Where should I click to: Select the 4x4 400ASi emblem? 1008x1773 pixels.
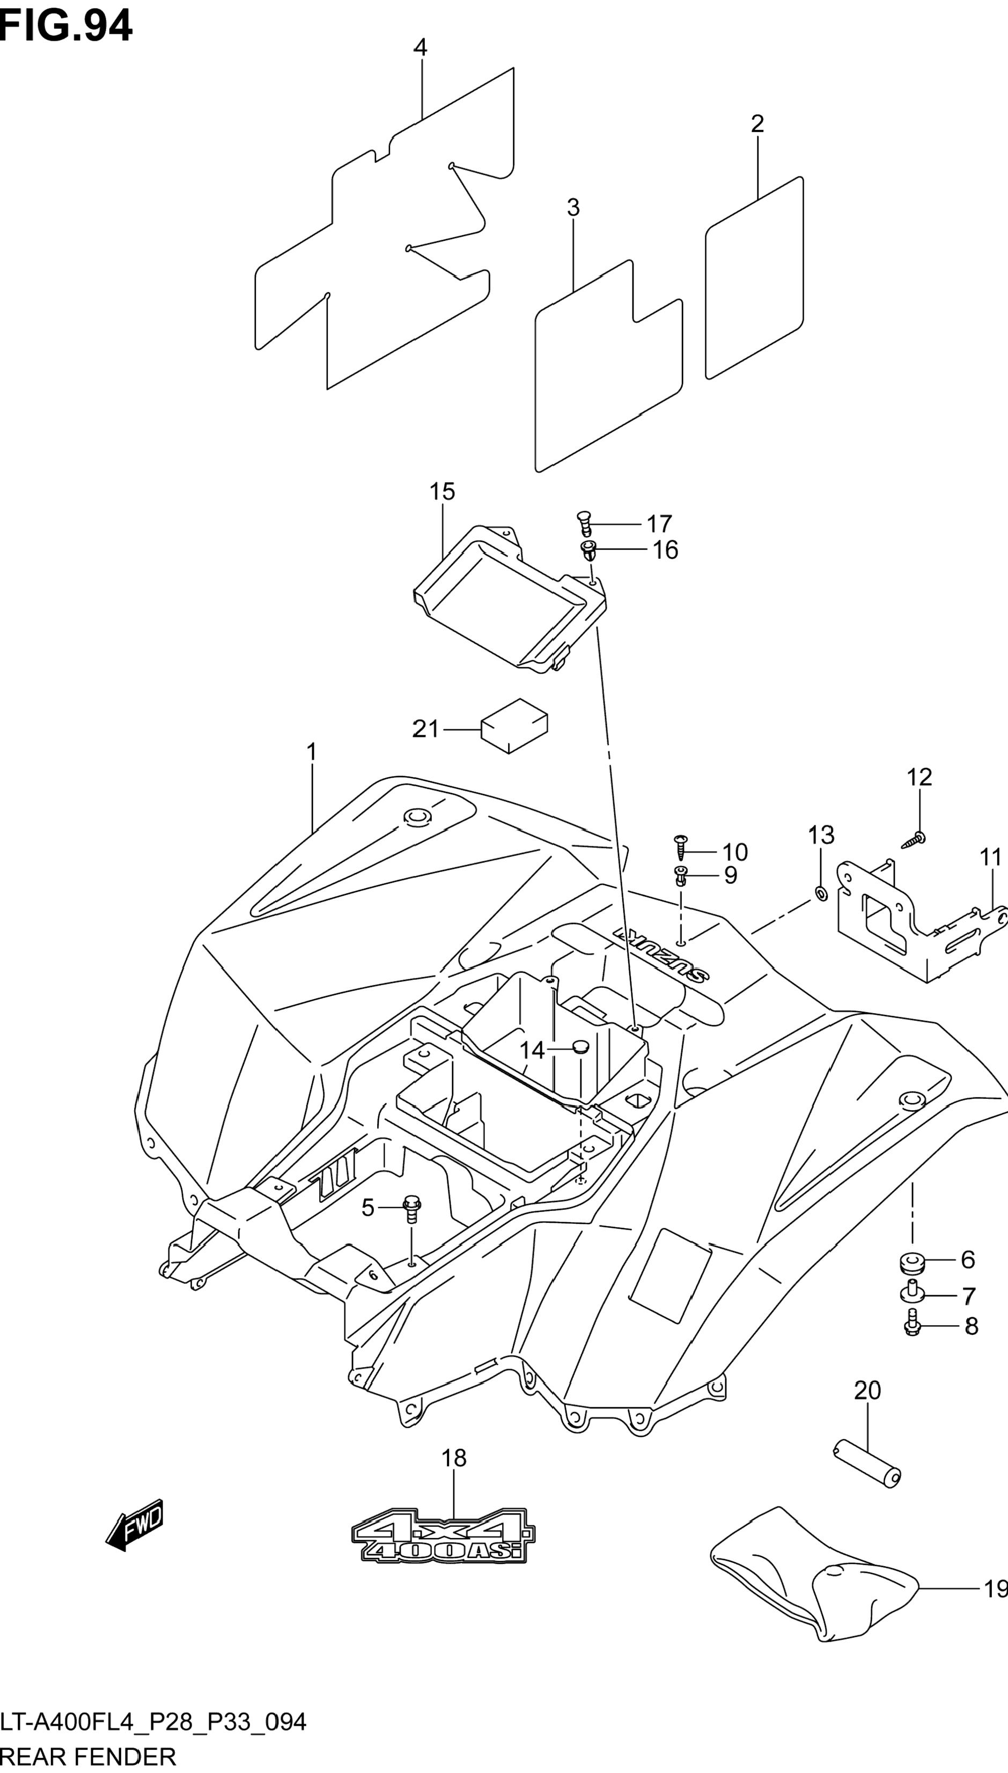coord(443,1535)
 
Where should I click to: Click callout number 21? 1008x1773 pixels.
coord(426,729)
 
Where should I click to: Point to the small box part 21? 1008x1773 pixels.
coord(514,725)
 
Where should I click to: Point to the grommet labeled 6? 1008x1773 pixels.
coord(913,1262)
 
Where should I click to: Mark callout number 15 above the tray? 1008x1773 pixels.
coord(442,491)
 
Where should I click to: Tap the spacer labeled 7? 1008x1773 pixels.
coord(913,1291)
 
